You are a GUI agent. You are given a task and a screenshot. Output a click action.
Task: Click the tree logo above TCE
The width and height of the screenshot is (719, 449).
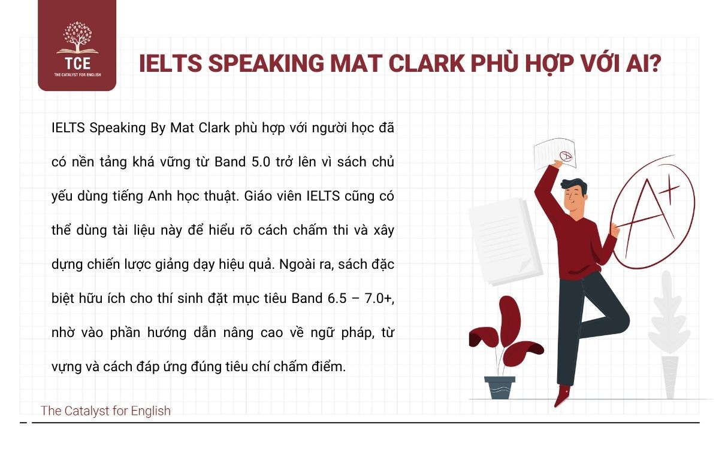[77, 40]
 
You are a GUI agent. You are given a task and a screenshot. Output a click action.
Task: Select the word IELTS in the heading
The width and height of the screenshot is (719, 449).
[168, 64]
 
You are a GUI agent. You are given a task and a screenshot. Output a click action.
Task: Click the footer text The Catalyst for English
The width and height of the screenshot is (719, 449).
[105, 411]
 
